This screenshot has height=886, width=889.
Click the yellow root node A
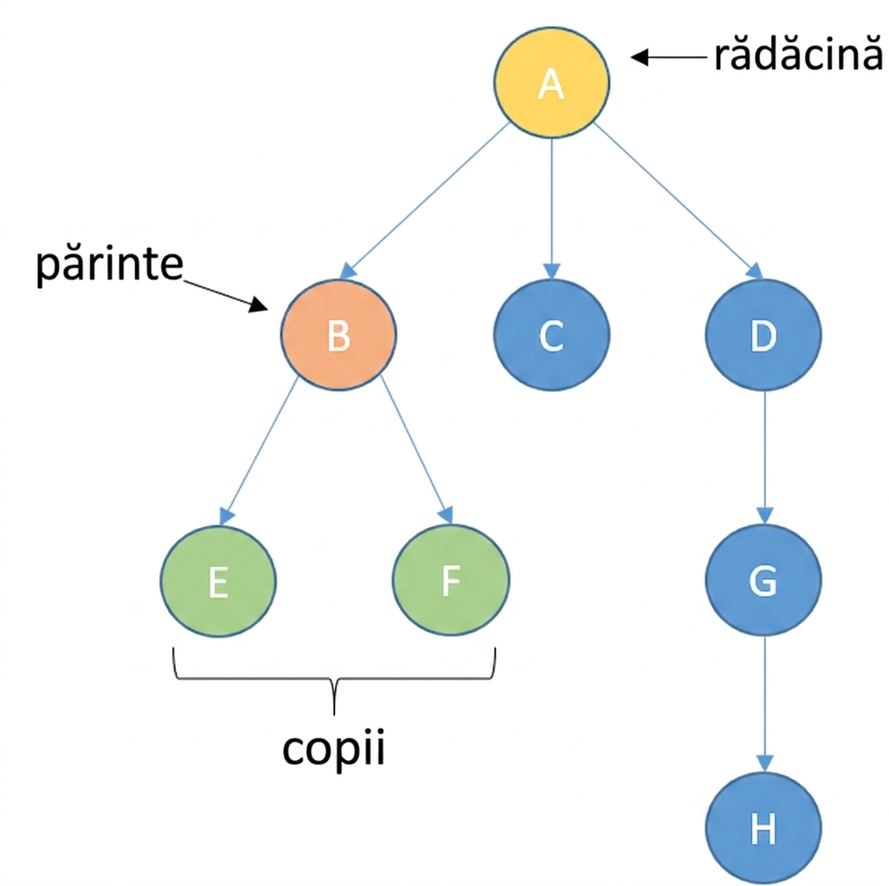tap(551, 83)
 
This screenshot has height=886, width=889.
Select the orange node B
tap(338, 335)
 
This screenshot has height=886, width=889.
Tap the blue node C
tap(551, 335)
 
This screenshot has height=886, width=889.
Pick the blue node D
tap(763, 335)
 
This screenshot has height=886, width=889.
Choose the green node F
tap(451, 580)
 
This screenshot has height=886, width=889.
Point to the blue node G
tap(763, 580)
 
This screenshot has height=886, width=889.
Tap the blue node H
tap(763, 828)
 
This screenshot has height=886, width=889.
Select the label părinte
tap(109, 266)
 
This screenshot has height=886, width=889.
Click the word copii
tap(333, 749)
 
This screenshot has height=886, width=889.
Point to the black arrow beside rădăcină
tap(669, 57)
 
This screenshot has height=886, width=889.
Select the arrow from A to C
tap(551, 209)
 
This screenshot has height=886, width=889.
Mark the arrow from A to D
tap(678, 201)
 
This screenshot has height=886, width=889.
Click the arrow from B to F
tap(416, 450)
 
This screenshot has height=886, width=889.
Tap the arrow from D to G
tap(765, 457)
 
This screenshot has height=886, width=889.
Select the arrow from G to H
tap(765, 703)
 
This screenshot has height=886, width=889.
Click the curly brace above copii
tap(334, 678)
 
